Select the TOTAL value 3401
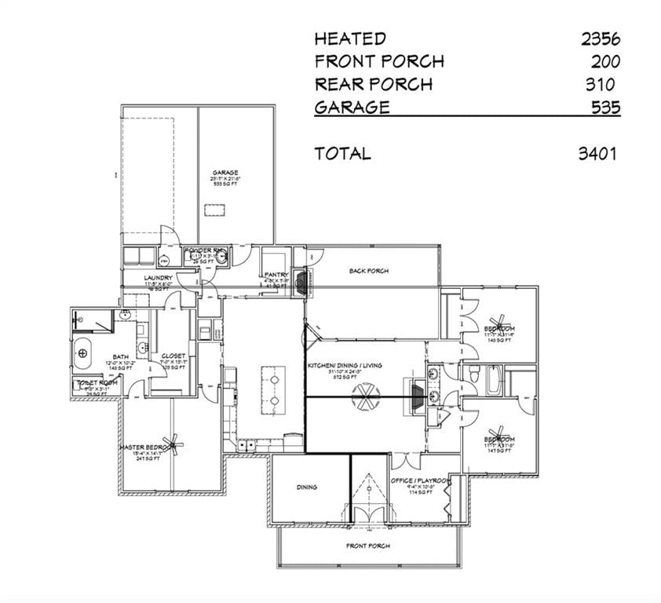[x=597, y=154]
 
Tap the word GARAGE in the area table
[x=352, y=108]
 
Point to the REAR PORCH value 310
[x=600, y=84]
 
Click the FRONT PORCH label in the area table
[x=379, y=61]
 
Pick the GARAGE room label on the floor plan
[x=225, y=173]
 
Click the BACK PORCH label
[x=368, y=271]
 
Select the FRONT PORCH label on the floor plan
[x=368, y=546]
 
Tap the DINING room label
[x=307, y=488]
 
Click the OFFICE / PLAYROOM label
[x=419, y=481]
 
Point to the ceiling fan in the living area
[x=365, y=397]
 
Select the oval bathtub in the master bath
[x=83, y=354]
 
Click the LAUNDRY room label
[x=159, y=279]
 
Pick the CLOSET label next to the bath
[x=173, y=356]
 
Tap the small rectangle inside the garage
[x=214, y=210]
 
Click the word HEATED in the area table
[x=350, y=38]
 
